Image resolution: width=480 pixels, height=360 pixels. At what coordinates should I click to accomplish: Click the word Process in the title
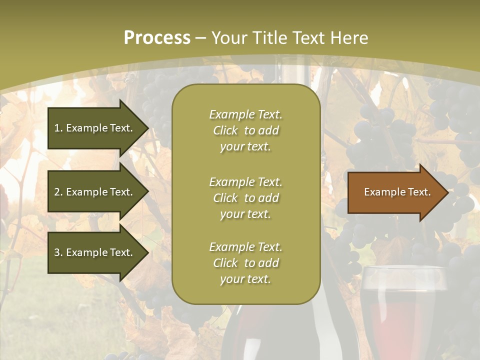coord(157,38)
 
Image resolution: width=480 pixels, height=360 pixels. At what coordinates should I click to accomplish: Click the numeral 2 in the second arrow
coord(57,192)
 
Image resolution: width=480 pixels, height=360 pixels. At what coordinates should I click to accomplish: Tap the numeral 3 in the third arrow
coord(57,252)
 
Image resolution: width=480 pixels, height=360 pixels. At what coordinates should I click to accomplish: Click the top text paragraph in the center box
coord(245,130)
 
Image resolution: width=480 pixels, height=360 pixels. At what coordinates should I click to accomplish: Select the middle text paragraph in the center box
coord(245,198)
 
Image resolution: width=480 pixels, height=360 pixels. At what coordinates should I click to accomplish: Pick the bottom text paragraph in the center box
coord(245,263)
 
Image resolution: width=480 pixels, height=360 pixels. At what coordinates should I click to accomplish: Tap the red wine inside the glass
coord(402,325)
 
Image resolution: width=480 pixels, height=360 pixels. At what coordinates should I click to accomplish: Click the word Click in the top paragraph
coord(225,130)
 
